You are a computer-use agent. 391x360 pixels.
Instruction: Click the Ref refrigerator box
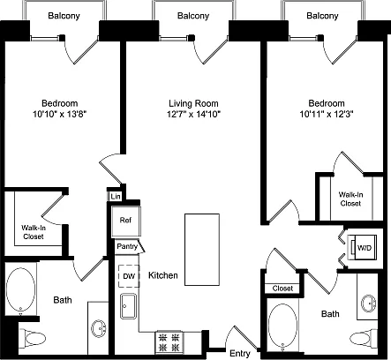point(126,221)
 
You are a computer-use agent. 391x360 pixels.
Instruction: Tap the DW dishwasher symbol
point(129,276)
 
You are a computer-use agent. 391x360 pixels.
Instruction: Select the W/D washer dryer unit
point(362,247)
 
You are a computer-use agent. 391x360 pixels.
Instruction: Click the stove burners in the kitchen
point(169,342)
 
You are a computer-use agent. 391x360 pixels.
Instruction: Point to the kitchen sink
point(128,306)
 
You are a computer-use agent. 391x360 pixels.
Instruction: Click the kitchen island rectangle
point(202,250)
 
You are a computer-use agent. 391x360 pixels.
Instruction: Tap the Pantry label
point(127,246)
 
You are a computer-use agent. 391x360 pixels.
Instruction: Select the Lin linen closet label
point(116,197)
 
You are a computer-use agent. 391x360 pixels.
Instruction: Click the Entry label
point(240,353)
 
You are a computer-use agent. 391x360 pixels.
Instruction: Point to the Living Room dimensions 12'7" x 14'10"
point(194,114)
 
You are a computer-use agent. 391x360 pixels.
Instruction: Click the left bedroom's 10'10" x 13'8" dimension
point(60,114)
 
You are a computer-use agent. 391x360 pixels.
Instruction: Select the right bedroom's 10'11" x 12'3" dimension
point(327,114)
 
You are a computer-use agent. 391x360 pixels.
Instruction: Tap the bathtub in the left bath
point(21,289)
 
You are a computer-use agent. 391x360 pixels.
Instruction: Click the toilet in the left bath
point(33,339)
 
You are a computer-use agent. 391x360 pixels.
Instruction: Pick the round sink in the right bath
point(369,304)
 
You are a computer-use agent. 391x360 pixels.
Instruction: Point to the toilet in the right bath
point(365,339)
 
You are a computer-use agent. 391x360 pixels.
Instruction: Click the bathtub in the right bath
point(282,326)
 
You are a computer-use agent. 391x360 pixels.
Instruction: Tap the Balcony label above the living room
point(193,16)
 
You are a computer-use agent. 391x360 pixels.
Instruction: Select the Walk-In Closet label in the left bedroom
point(34,232)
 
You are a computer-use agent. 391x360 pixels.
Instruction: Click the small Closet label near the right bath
point(282,289)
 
